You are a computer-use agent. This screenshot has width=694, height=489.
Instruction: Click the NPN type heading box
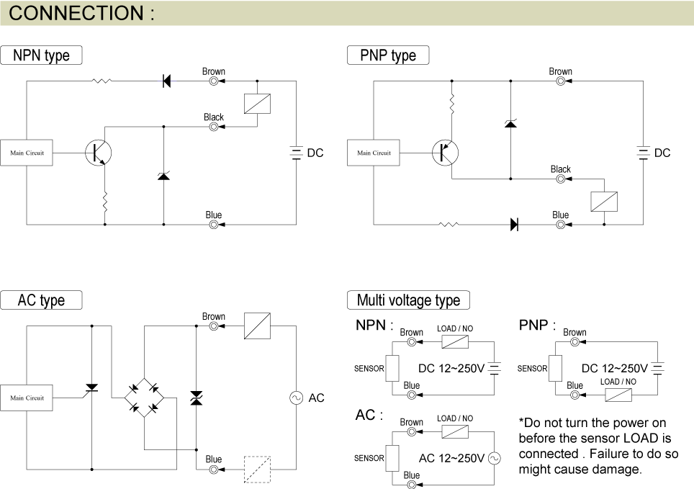42,55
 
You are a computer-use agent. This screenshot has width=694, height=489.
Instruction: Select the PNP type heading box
388,55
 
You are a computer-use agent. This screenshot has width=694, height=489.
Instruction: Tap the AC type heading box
41,300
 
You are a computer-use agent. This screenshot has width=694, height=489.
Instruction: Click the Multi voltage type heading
408,300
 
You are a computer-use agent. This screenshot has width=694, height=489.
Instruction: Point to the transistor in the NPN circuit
98,153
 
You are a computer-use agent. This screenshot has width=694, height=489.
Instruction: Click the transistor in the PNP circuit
445,153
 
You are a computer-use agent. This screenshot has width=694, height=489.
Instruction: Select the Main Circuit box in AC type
27,398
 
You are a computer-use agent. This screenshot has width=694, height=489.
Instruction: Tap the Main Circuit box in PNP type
374,153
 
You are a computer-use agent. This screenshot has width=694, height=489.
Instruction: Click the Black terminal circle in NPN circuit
214,127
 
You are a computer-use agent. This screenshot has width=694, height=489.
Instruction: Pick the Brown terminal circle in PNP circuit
560,81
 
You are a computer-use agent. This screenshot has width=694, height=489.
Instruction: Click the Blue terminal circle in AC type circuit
214,470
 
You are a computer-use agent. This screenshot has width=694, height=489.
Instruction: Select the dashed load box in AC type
257,469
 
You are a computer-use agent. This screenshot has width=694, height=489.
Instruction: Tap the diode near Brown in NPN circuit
166,81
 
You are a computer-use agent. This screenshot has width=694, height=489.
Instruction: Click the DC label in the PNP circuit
662,153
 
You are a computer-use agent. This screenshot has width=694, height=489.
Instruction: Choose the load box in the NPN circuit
257,104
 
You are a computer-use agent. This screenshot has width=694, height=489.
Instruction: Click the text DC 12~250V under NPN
451,368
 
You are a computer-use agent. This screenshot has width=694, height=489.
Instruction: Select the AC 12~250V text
451,458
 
